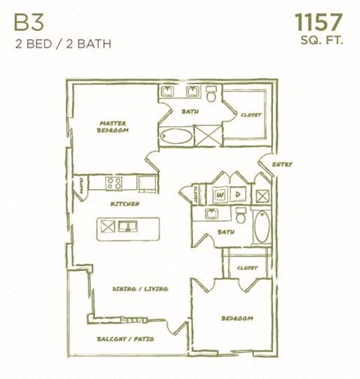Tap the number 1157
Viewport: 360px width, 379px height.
coord(319,21)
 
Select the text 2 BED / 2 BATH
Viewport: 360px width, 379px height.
coord(63,43)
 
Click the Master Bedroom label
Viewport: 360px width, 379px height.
coord(113,126)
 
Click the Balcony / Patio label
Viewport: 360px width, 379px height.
coord(125,339)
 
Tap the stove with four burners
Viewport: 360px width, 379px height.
coord(114,182)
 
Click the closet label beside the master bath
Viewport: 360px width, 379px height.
coord(251,115)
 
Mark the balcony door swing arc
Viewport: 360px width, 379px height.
coord(178,328)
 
